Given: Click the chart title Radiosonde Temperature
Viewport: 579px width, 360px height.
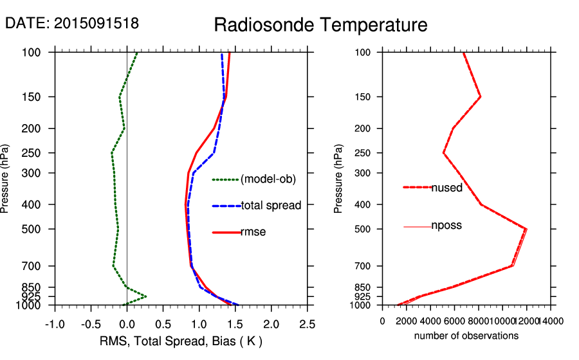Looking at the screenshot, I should [x=320, y=25].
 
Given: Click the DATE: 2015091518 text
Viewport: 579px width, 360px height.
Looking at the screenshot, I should [x=72, y=23].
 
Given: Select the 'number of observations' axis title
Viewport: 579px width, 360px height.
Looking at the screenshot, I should [x=466, y=336].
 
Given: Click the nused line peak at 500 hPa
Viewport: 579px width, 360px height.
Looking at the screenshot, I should [x=526, y=229].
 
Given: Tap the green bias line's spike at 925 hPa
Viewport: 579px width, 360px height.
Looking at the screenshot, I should [x=146, y=296].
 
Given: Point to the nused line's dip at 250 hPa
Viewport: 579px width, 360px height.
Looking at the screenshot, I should [x=443, y=153].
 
